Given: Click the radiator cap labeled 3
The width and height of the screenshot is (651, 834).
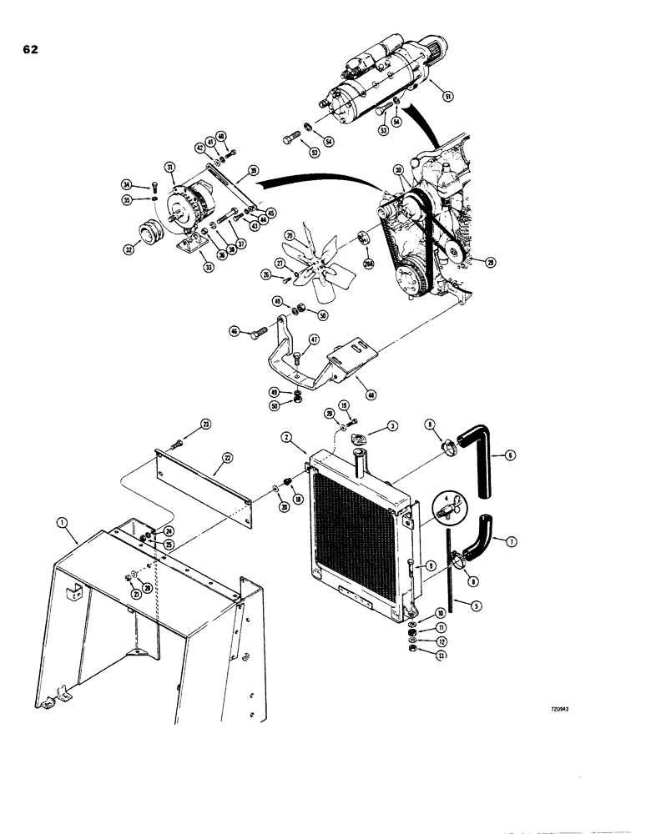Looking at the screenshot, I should [x=362, y=440].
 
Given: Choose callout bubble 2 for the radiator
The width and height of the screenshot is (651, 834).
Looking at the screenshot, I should [x=285, y=435].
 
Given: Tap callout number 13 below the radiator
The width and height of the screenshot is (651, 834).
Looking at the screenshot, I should [x=417, y=655].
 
